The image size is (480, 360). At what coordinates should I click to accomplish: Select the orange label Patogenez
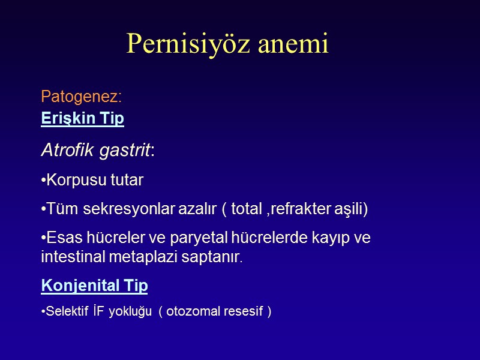click(82, 96)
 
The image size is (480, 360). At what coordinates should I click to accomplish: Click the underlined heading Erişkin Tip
click(83, 119)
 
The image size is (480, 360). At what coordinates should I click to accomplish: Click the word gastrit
click(125, 150)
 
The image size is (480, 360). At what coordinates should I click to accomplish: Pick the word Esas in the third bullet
click(61, 238)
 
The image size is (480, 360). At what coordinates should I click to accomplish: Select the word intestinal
click(70, 257)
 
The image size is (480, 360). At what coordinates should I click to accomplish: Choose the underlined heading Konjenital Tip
click(94, 286)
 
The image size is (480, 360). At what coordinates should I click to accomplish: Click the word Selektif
click(65, 312)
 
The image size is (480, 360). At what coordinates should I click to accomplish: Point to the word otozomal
click(195, 312)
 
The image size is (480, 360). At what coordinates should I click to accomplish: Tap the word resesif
click(245, 312)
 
